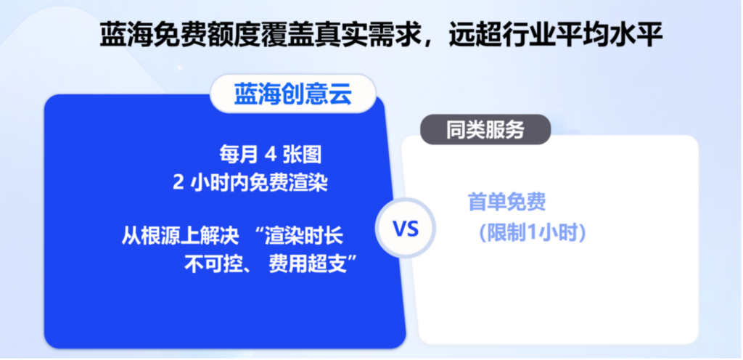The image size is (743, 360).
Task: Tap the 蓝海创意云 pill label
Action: click(x=293, y=94)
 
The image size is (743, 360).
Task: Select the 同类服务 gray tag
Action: click(x=485, y=129)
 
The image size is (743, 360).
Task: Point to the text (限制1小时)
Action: click(x=533, y=233)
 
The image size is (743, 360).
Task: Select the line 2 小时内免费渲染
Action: click(x=250, y=182)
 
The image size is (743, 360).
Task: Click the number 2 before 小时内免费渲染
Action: click(x=178, y=183)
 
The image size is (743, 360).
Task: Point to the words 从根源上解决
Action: click(x=180, y=235)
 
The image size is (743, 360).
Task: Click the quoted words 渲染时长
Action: click(x=304, y=235)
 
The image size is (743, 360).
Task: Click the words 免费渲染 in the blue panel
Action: click(x=289, y=183)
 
